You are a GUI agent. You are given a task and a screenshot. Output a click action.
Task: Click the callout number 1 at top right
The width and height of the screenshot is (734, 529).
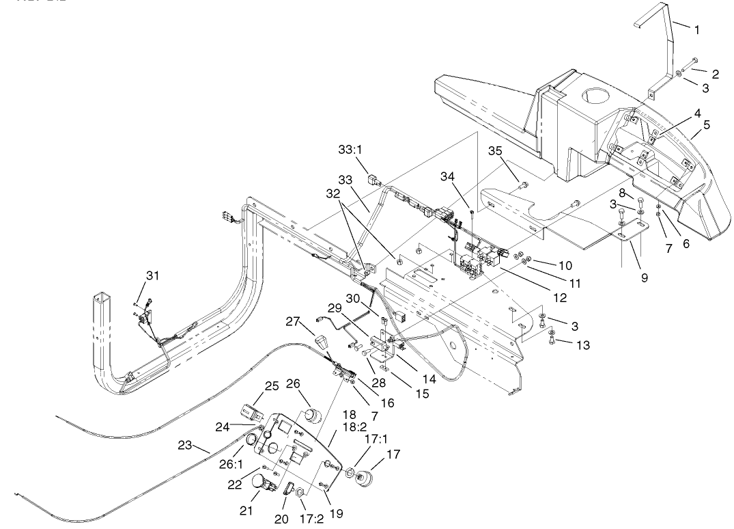click(x=696, y=29)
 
